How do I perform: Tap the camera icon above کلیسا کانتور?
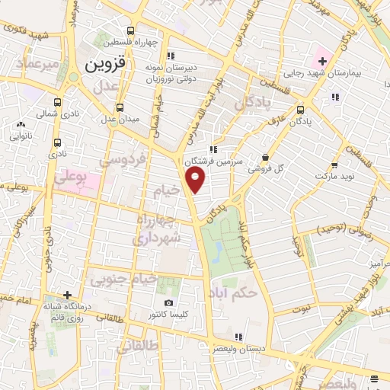click(168, 303)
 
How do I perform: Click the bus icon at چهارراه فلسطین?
click(132, 31)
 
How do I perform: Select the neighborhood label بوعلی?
click(68, 177)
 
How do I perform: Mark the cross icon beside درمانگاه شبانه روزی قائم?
click(67, 295)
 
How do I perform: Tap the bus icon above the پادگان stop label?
click(300, 109)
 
